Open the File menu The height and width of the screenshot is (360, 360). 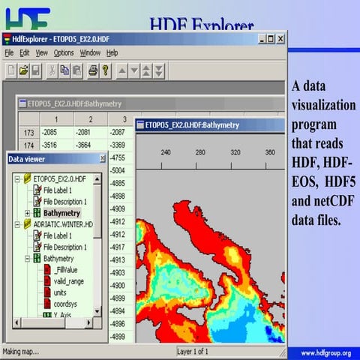pos(9,53)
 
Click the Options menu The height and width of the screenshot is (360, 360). pos(64,53)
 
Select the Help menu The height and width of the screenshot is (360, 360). pos(112,53)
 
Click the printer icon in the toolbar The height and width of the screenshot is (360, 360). pos(93,70)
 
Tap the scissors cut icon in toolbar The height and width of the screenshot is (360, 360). pos(51,70)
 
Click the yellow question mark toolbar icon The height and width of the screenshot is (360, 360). pos(106,70)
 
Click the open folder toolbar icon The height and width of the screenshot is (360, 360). pos(23,70)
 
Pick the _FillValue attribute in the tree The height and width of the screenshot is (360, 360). pos(65,269)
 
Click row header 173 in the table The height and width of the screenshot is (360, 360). pos(29,133)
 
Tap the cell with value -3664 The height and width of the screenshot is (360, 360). pos(88,145)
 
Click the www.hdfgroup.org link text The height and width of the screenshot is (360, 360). pos(325,352)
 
